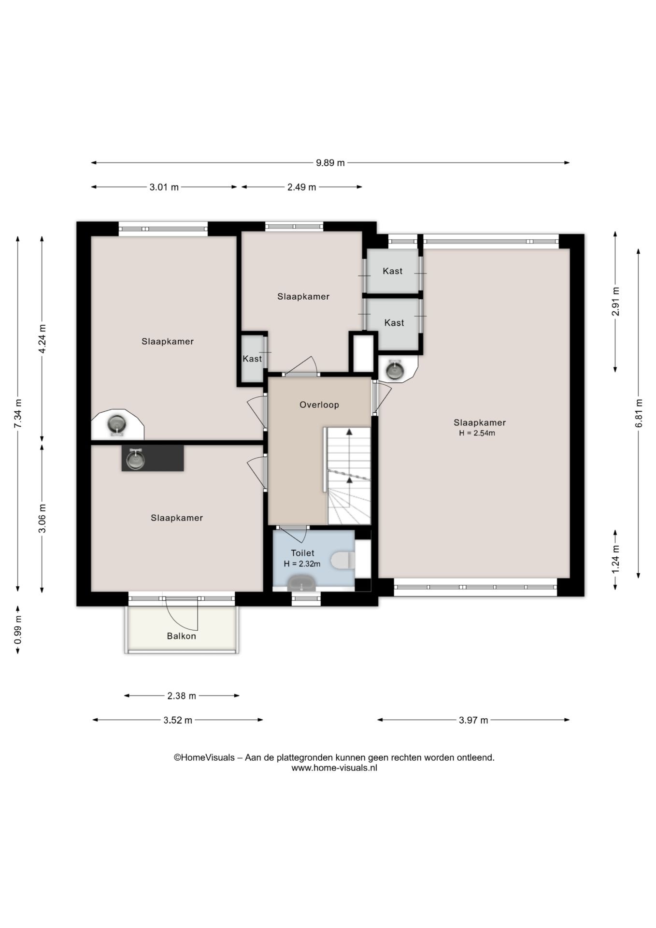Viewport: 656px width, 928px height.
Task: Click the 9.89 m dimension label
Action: tap(330, 163)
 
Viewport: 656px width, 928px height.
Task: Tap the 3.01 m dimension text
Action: tap(164, 187)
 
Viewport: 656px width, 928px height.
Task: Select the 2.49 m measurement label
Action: tap(302, 187)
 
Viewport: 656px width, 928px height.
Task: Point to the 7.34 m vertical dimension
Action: tap(18, 413)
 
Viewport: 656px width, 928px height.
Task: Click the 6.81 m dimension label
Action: tap(639, 413)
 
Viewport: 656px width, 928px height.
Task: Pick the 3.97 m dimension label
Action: tap(473, 720)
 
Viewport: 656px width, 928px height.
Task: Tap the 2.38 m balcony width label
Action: tap(182, 696)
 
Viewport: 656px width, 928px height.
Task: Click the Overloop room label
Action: tap(319, 405)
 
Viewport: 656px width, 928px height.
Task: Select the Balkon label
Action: tap(182, 636)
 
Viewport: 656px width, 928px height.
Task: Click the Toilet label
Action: tap(302, 553)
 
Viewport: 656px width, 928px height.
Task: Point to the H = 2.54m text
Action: tap(477, 433)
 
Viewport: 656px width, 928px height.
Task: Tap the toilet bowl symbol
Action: tap(344, 561)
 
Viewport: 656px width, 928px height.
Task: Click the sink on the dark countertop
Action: tap(135, 459)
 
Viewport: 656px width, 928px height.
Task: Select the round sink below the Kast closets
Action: tap(395, 370)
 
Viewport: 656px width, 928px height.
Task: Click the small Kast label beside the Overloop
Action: tap(252, 359)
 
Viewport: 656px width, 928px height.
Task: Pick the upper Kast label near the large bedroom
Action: tap(393, 271)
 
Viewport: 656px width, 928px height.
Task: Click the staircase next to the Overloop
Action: tap(349, 476)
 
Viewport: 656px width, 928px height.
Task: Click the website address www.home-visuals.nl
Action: tap(334, 768)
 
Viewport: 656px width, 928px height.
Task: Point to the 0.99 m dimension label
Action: tap(18, 630)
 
